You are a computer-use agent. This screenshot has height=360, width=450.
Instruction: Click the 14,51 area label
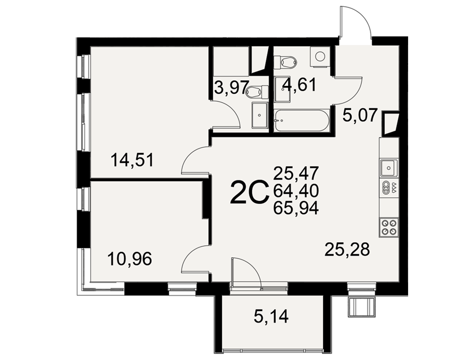coord(133,160)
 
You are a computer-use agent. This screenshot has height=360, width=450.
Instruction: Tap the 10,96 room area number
coord(130,259)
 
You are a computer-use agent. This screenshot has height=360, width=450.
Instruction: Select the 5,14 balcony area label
coord(271,317)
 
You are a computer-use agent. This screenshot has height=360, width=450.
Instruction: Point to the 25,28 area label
coord(347,249)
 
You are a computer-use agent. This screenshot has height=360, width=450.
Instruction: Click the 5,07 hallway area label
coord(360,116)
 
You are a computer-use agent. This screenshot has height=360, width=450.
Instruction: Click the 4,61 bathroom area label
coord(300,85)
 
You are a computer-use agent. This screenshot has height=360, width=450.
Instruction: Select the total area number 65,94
coord(296,208)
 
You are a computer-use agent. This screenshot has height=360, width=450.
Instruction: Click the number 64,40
coord(296,191)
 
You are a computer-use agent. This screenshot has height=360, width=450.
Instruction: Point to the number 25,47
coord(296,173)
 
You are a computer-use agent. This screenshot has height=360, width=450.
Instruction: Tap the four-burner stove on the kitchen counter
coord(389,227)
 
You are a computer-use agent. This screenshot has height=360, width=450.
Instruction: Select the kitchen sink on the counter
coord(389,168)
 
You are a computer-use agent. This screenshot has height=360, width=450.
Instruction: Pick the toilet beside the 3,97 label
coord(257,92)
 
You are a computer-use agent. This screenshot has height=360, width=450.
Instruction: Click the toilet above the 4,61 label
coord(285,62)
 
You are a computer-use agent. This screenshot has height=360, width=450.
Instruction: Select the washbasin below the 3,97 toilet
coord(260,115)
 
